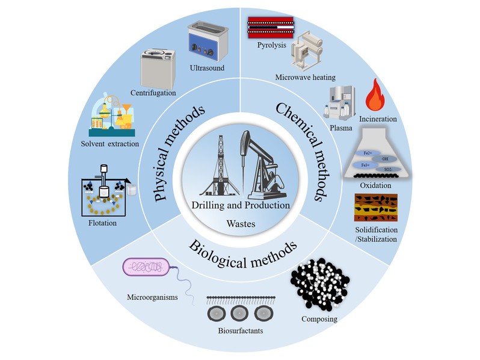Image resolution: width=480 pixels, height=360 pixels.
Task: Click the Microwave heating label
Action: (x=305, y=77)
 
